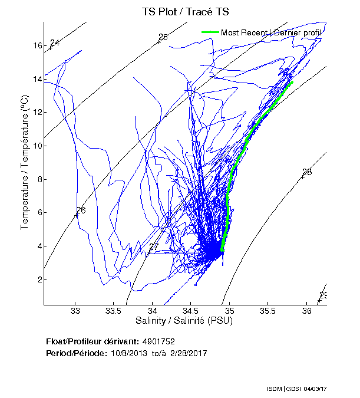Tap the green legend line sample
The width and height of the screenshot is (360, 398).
tap(210, 32)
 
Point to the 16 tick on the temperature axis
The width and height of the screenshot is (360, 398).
tap(37, 45)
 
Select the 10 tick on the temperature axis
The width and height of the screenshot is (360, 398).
tap(37, 146)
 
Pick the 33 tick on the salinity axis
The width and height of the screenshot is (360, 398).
tap(75, 311)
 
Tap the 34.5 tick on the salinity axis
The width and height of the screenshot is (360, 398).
tap(191, 311)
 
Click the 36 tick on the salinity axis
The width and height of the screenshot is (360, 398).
tap(307, 311)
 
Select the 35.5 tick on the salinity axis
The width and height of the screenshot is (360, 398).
tap(268, 311)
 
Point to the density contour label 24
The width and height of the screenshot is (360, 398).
tap(55, 43)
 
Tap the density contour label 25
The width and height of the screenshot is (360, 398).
tap(163, 37)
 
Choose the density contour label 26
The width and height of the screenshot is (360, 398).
tap(81, 210)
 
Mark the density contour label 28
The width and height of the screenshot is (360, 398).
tap(307, 172)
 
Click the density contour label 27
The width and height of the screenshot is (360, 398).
tap(154, 247)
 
